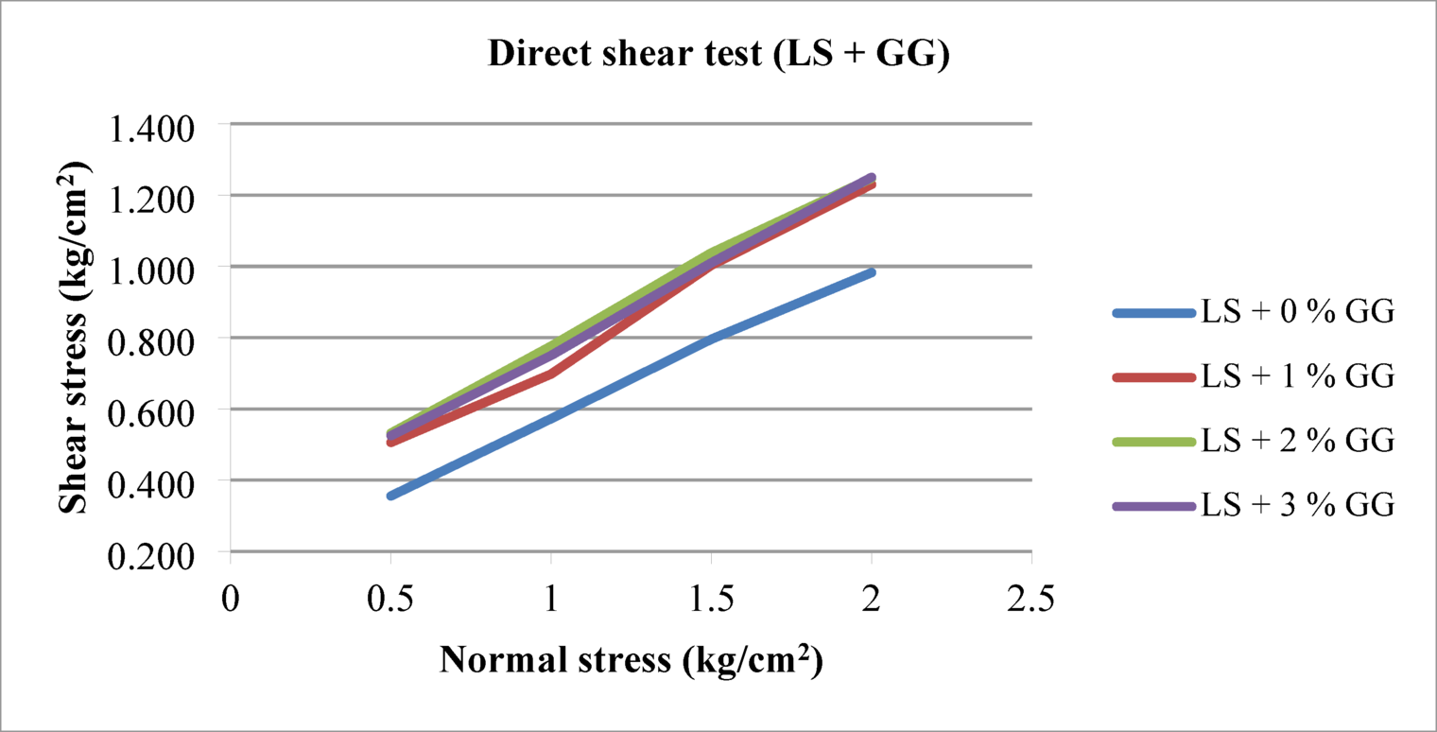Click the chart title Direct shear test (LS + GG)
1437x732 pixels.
(x=718, y=56)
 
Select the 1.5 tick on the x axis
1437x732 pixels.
(x=711, y=601)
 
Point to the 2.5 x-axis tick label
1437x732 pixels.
(x=1030, y=601)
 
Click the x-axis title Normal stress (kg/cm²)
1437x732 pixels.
(x=631, y=660)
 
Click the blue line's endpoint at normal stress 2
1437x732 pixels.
(x=871, y=272)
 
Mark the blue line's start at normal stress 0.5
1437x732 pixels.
(x=390, y=496)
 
